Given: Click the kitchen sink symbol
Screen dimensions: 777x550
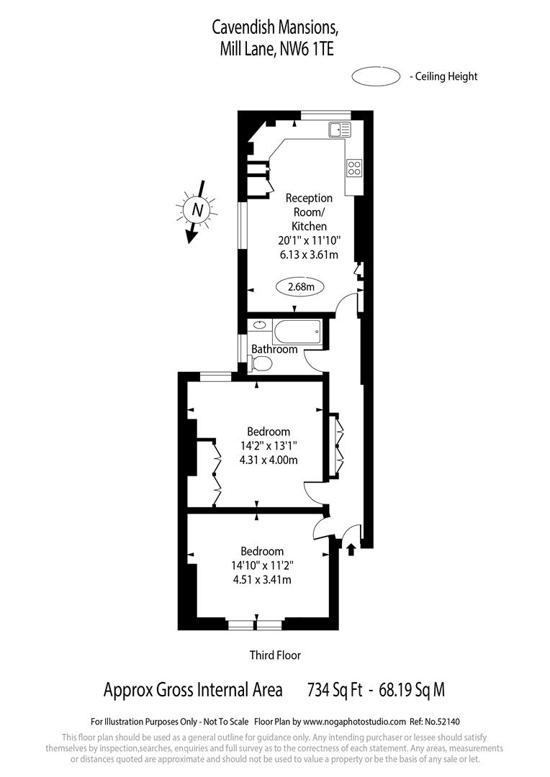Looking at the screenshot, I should (x=340, y=129).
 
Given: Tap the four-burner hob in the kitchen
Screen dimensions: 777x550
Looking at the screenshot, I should (x=354, y=168).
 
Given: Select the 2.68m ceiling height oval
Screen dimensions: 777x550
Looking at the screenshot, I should (x=300, y=287).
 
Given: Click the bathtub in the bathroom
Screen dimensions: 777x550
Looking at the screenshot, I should (x=297, y=333).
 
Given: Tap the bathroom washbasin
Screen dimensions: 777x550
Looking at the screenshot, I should (x=257, y=325).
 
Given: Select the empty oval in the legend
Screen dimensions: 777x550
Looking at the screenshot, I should (x=376, y=76).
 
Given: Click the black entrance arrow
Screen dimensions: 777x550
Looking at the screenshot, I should (x=351, y=550).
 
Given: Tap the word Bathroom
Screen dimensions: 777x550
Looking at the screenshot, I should (x=274, y=350).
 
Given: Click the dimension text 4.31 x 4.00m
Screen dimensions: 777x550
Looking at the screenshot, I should (x=269, y=460).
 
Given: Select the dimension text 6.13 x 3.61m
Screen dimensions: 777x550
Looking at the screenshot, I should (x=308, y=255).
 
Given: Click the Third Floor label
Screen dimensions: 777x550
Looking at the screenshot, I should (x=275, y=655).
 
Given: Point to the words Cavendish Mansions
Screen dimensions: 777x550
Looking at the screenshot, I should (x=274, y=28).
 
